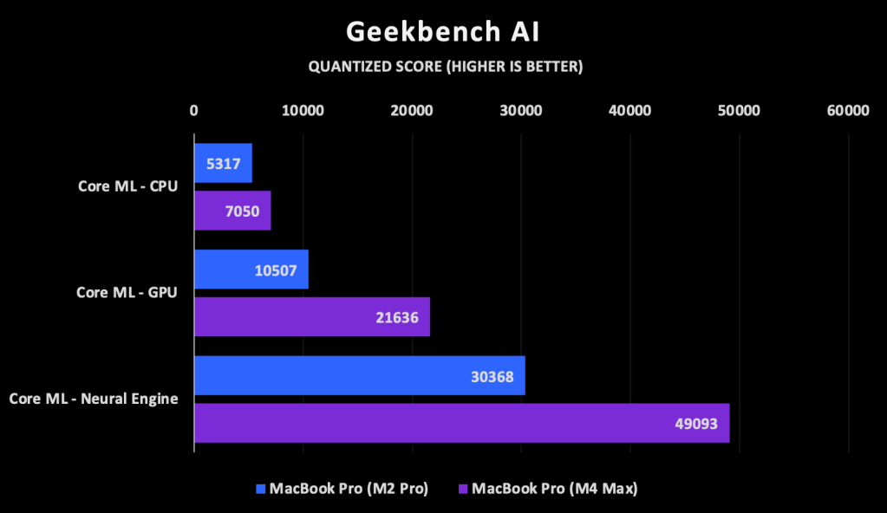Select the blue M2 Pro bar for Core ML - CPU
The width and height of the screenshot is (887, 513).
(223, 163)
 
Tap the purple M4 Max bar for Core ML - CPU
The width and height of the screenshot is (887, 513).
(232, 211)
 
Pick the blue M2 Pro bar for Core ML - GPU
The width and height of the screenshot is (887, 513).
(251, 269)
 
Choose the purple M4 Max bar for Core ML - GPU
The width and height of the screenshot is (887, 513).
(312, 317)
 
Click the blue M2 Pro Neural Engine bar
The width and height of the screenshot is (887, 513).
(359, 375)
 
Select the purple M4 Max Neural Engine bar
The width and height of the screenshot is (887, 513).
(461, 423)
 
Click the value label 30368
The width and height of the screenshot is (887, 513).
(492, 376)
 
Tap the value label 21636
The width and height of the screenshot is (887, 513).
(396, 318)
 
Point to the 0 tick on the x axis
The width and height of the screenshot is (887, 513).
(193, 110)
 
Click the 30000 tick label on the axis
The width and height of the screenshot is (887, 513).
(520, 110)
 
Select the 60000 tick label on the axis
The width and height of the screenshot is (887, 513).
(847, 110)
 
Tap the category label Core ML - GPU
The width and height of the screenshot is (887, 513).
(127, 292)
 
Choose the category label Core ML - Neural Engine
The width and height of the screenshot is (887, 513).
(94, 399)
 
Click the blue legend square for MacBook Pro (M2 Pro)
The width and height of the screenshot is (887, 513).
(261, 489)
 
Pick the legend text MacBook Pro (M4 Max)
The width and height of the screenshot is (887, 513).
(554, 489)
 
